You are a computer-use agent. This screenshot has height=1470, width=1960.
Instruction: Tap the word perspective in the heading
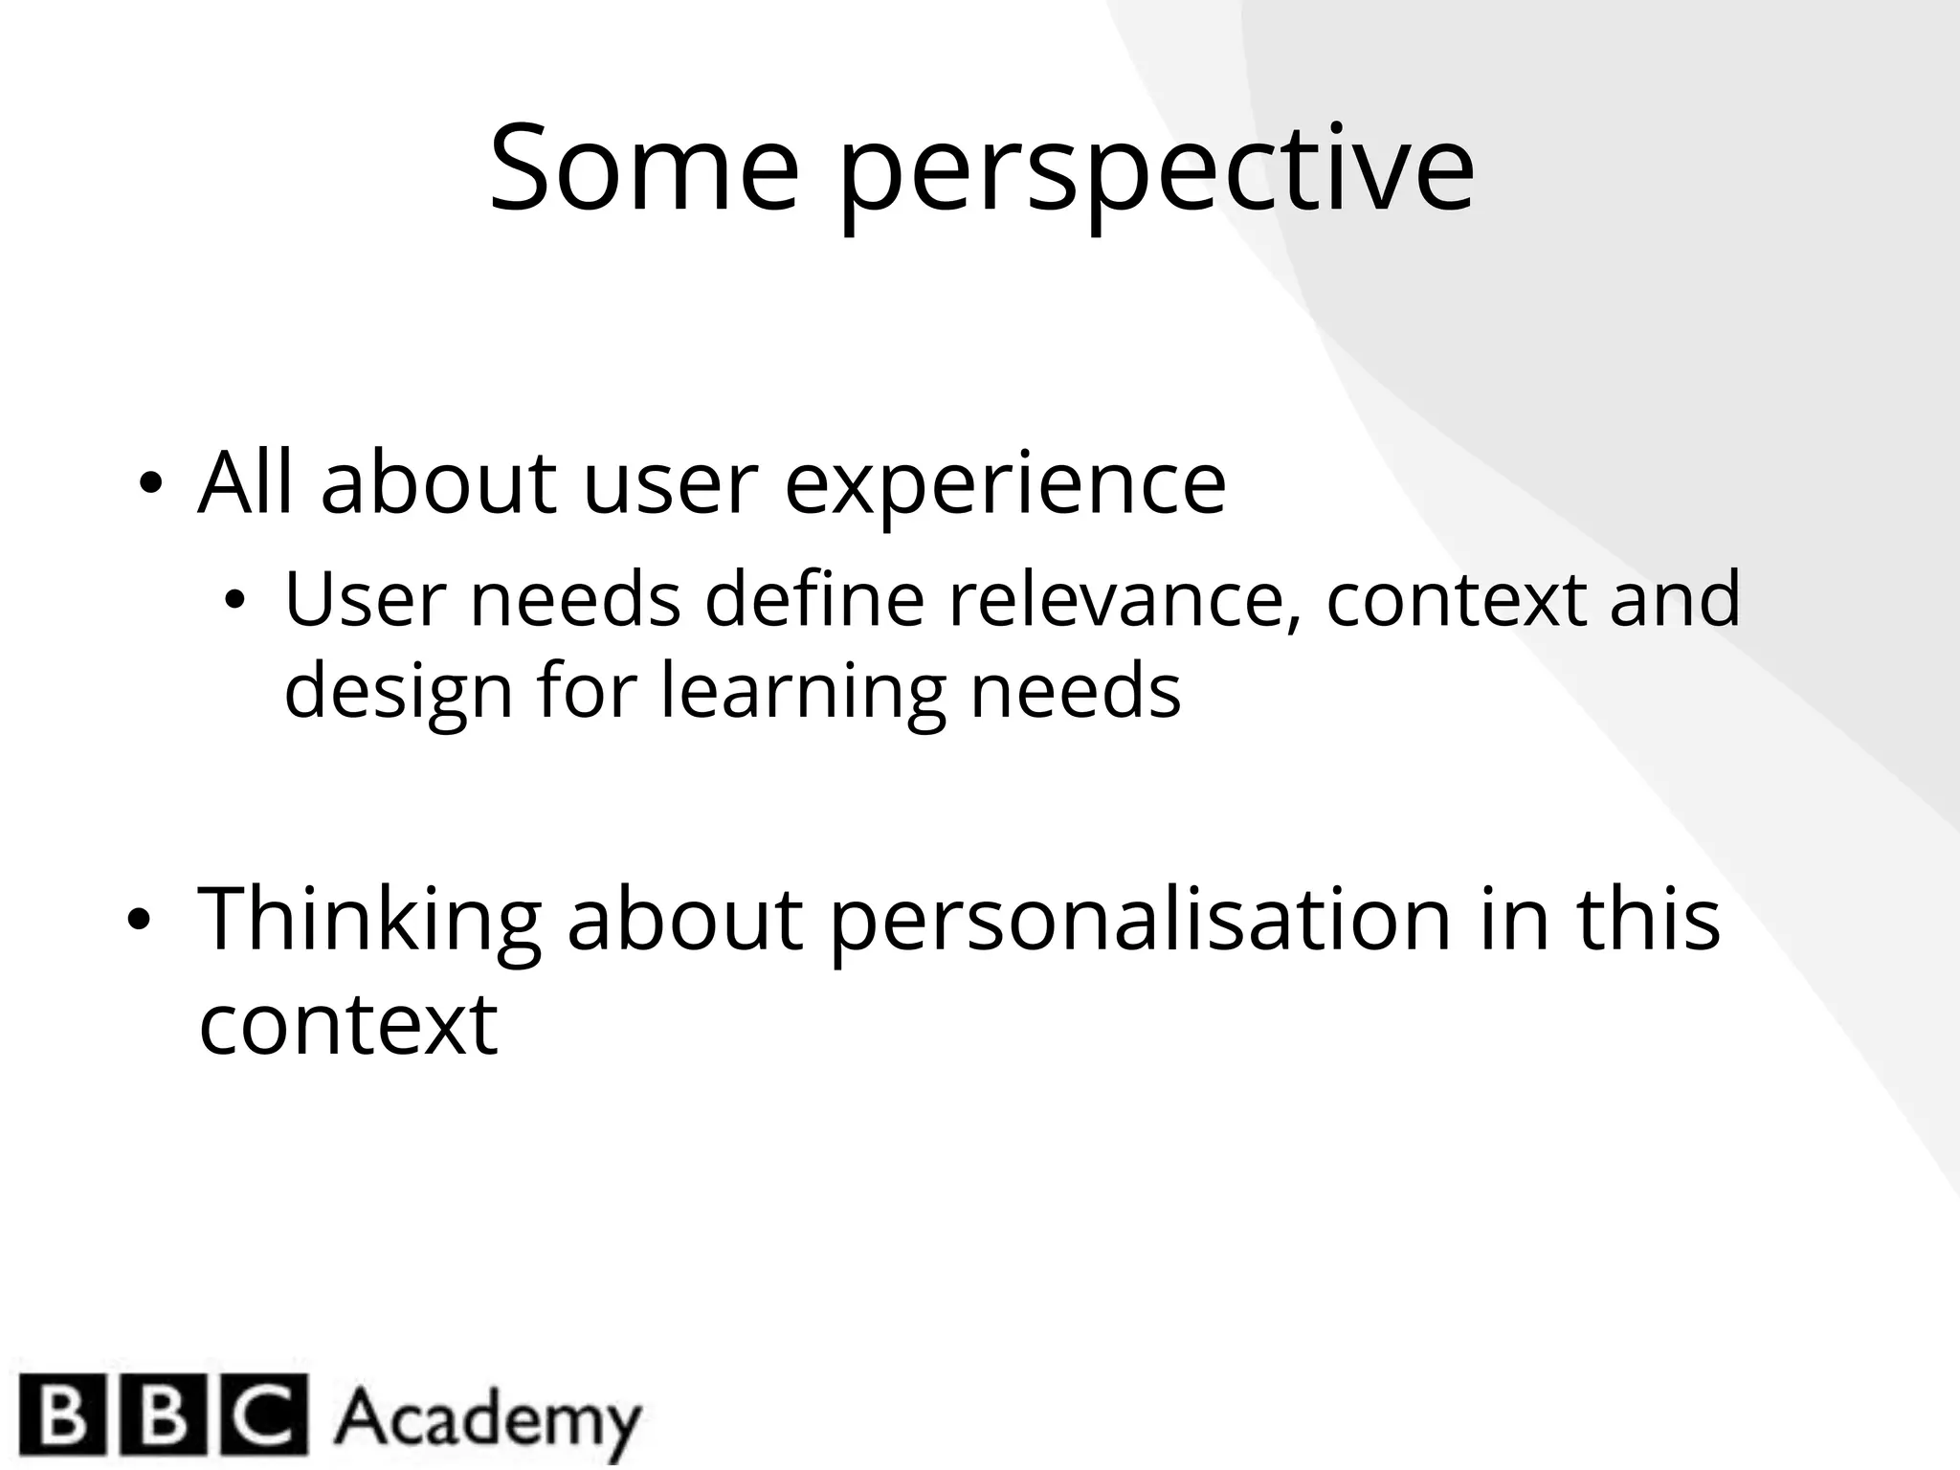tap(1156, 172)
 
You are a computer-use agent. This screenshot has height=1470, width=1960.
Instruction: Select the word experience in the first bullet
tap(1005, 485)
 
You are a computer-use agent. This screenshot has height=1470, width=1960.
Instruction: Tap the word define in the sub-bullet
tap(814, 598)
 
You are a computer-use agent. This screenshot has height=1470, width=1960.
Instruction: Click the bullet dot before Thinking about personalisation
tap(139, 920)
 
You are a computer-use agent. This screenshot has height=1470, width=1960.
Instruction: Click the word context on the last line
tap(348, 1023)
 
